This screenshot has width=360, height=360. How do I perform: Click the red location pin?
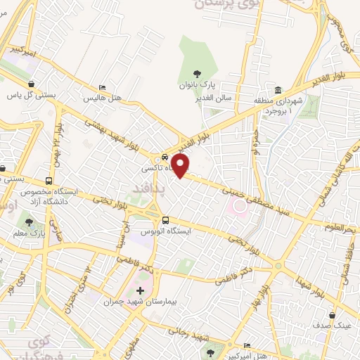click(x=181, y=166)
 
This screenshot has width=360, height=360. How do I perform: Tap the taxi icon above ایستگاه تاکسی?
click(x=164, y=157)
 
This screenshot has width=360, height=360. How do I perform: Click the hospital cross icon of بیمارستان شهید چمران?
click(x=139, y=290)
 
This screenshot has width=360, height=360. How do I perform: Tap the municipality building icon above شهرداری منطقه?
click(x=278, y=91)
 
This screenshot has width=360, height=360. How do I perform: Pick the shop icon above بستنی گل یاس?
click(x=32, y=83)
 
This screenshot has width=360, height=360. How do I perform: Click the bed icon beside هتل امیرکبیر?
click(x=247, y=345)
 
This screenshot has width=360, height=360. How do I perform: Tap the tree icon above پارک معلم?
click(x=28, y=221)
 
